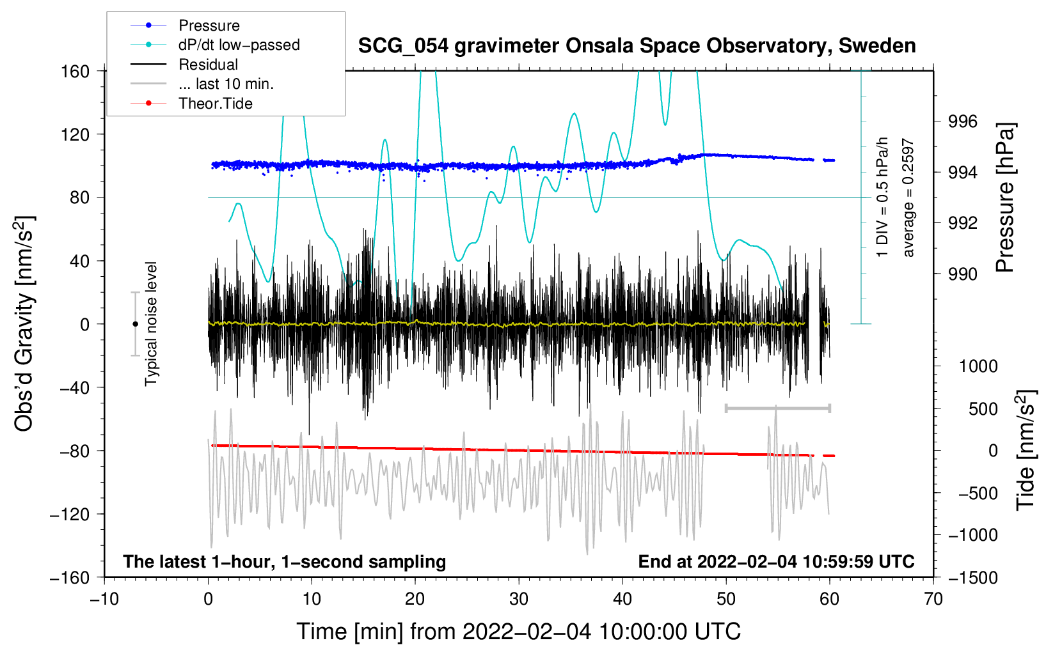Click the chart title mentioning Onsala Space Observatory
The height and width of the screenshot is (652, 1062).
(637, 46)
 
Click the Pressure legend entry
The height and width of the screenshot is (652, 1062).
(209, 26)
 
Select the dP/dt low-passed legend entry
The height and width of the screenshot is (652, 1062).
(239, 45)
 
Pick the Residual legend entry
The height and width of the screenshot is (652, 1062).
(208, 65)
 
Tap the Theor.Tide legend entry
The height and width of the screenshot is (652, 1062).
(215, 104)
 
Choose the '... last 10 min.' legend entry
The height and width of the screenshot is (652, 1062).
(226, 84)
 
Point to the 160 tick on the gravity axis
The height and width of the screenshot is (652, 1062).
(75, 71)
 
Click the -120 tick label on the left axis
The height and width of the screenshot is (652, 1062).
(70, 514)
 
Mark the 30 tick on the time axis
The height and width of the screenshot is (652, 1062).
(519, 599)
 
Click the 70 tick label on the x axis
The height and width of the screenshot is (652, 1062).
(933, 599)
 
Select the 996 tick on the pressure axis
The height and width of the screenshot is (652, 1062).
(962, 121)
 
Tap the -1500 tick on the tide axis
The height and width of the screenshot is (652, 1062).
(972, 577)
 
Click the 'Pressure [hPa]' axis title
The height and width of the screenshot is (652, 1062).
(1005, 198)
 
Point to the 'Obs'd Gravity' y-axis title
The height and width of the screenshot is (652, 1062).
(24, 323)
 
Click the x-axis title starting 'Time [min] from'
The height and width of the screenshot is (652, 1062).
(519, 632)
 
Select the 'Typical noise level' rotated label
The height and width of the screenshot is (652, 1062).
(150, 323)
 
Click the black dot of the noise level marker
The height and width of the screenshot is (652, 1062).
(135, 324)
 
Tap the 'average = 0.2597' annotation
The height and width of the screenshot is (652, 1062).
(908, 198)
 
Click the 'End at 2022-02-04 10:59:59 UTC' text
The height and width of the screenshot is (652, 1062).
(776, 562)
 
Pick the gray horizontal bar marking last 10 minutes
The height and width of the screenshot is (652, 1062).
(777, 408)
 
